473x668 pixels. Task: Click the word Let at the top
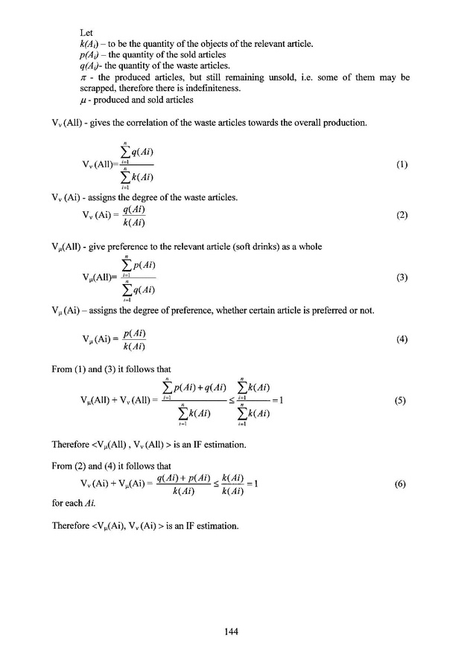coord(86,33)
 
